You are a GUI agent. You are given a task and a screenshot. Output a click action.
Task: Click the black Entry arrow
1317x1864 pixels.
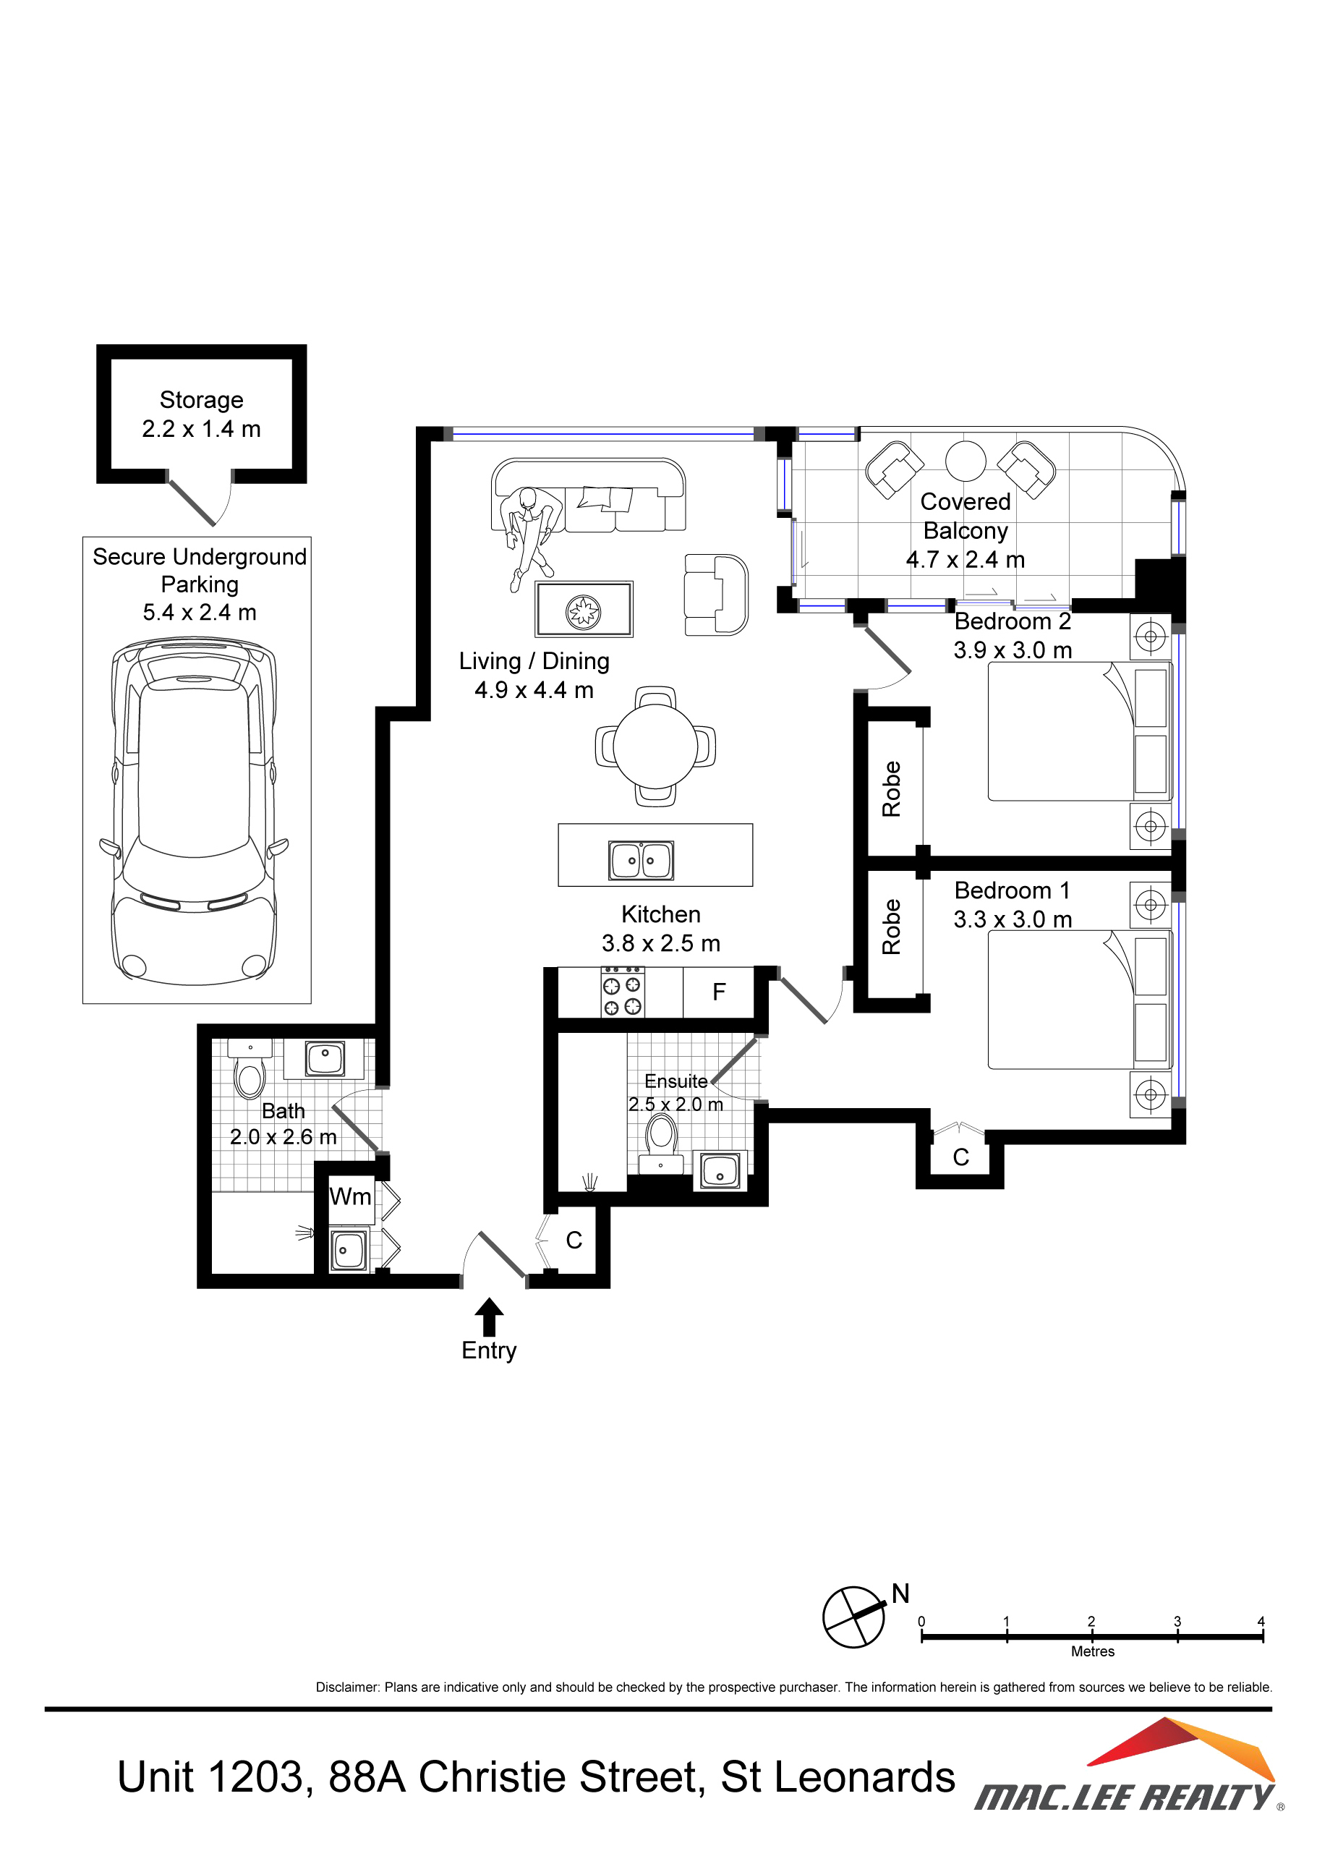[489, 1316]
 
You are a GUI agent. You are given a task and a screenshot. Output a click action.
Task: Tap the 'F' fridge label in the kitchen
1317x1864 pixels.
[719, 992]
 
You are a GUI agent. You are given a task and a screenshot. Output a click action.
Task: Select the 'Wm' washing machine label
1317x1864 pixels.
[351, 1196]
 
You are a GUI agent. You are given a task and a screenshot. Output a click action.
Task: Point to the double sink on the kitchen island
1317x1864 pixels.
[642, 861]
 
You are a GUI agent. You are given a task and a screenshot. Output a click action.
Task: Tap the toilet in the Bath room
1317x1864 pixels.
[250, 1068]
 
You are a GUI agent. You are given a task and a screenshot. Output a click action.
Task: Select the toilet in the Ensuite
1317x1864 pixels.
[661, 1144]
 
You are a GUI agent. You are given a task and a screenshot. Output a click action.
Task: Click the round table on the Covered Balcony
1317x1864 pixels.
[966, 461]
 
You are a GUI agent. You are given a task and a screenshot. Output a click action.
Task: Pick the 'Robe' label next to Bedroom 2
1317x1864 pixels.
[892, 788]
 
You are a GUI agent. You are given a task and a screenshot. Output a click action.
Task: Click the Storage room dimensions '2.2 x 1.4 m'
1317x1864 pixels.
[201, 429]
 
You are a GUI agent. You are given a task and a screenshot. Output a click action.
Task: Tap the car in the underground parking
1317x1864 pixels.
[195, 812]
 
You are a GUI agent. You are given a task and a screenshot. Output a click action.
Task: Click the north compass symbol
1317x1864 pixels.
[854, 1617]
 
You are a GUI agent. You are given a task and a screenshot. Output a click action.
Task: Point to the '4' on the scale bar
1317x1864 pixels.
[1261, 1621]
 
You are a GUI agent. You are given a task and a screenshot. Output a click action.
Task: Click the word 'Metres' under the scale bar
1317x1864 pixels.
[1093, 1651]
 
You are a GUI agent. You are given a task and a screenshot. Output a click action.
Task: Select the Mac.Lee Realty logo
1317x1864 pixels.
[1129, 1765]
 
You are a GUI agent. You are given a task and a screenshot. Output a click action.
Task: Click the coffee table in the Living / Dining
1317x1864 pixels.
[584, 609]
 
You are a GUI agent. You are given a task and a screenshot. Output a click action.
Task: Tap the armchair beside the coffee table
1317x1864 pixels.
[715, 595]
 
